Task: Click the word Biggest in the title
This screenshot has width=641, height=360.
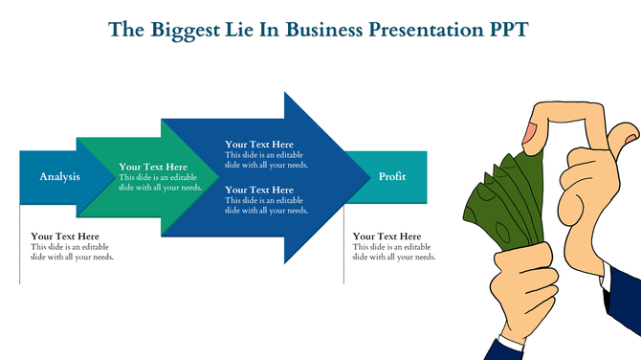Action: pos(176,29)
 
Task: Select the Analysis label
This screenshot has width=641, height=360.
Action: pos(59,177)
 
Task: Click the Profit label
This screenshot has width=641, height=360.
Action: pos(392,177)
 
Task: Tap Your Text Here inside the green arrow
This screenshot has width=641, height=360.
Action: pos(153,167)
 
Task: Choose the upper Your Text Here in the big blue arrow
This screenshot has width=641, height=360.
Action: pos(259,145)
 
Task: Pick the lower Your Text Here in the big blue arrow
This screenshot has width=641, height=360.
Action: pos(259,190)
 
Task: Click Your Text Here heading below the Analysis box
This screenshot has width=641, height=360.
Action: pos(65,236)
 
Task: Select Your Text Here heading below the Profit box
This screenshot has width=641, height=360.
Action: pos(387,236)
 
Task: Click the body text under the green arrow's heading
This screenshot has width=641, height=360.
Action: pos(160,183)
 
